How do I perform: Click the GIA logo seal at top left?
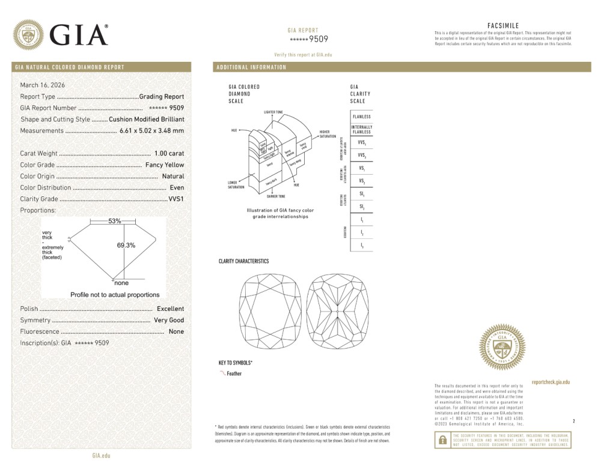pyautogui.click(x=28, y=35)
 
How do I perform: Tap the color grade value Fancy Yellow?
pyautogui.click(x=165, y=165)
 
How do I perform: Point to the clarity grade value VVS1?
pyautogui.click(x=176, y=199)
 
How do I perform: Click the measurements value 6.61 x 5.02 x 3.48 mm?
pyautogui.click(x=151, y=131)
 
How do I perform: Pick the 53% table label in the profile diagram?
pyautogui.click(x=114, y=221)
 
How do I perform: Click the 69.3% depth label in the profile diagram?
pyautogui.click(x=126, y=245)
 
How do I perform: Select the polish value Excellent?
pyautogui.click(x=170, y=309)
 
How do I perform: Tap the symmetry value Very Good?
pyautogui.click(x=169, y=320)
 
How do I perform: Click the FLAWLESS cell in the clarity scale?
pyautogui.click(x=362, y=116)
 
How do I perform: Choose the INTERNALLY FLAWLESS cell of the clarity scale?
pyautogui.click(x=362, y=130)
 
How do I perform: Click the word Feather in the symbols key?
pyautogui.click(x=234, y=373)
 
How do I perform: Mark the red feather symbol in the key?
pyautogui.click(x=222, y=373)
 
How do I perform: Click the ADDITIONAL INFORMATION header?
pyautogui.click(x=251, y=67)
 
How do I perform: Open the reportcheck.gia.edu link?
pyautogui.click(x=551, y=382)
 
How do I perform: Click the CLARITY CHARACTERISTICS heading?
pyautogui.click(x=243, y=262)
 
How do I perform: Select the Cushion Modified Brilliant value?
pyautogui.click(x=147, y=119)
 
